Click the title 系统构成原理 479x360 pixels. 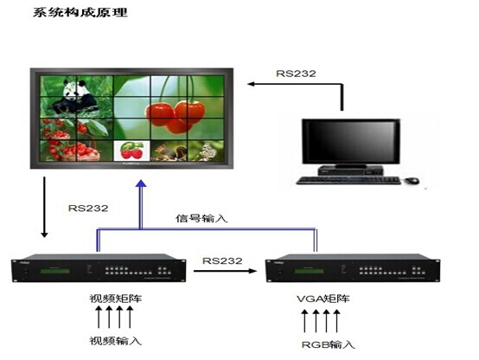pos(80,12)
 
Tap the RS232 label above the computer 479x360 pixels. pos(296,74)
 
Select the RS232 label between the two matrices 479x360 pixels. pos(222,260)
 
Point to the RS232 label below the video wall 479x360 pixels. pos(88,208)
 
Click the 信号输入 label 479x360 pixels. pos(201,218)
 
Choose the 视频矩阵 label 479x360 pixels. pos(116,299)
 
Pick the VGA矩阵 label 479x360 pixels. pos(323,299)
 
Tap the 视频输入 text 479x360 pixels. pos(116,340)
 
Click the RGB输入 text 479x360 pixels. pos(328,344)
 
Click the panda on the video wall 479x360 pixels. pos(76,96)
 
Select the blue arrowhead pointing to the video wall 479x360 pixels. pos(141,183)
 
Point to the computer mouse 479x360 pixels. pos(412,181)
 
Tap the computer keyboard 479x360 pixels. pos(348,180)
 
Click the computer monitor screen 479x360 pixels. pos(351,142)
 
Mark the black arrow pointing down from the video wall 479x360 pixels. pos(45,207)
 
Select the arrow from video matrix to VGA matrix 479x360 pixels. pos(225,271)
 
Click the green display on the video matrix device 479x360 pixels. pos(54,271)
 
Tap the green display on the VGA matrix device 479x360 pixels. pos(309,271)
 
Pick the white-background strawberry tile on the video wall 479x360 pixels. pos(132,151)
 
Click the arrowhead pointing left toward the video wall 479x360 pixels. pos(251,84)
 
